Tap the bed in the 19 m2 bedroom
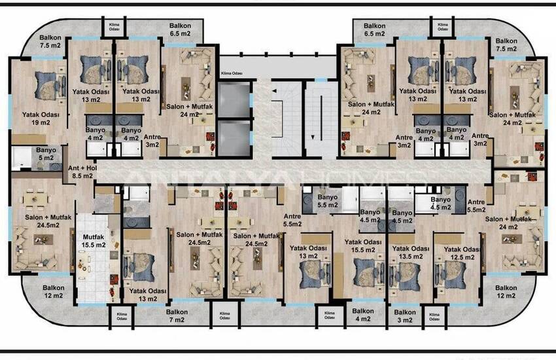pos(47,85)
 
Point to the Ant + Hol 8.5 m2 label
pos(82,171)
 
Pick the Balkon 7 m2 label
pos(177,315)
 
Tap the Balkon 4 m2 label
pos(363,315)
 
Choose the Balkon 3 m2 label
pos(406,315)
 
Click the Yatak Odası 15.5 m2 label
pos(363,245)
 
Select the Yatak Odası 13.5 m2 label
pos(409,253)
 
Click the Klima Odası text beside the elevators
pos(232,74)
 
